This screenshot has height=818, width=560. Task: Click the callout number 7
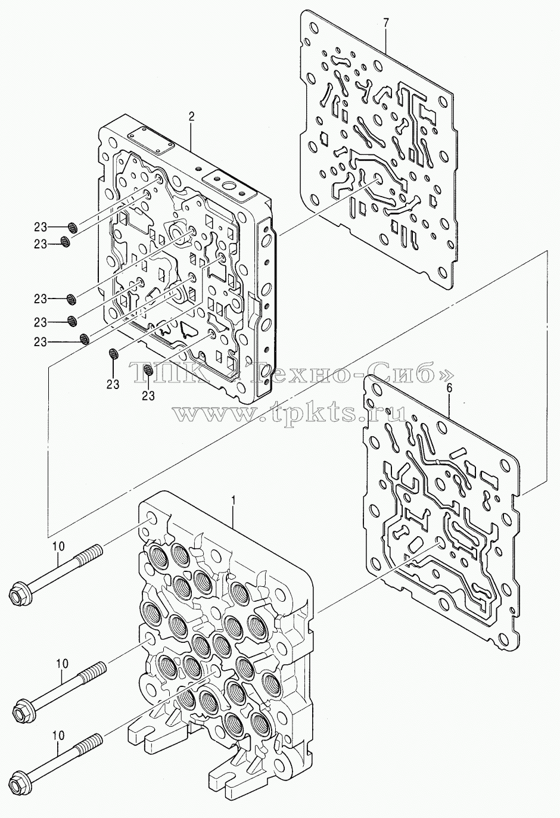387,23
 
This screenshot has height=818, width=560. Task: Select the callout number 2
191,117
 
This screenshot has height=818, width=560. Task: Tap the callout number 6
449,388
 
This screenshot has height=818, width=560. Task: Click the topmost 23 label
41,228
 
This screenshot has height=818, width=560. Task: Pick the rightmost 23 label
148,396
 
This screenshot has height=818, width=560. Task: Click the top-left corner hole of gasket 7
313,28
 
